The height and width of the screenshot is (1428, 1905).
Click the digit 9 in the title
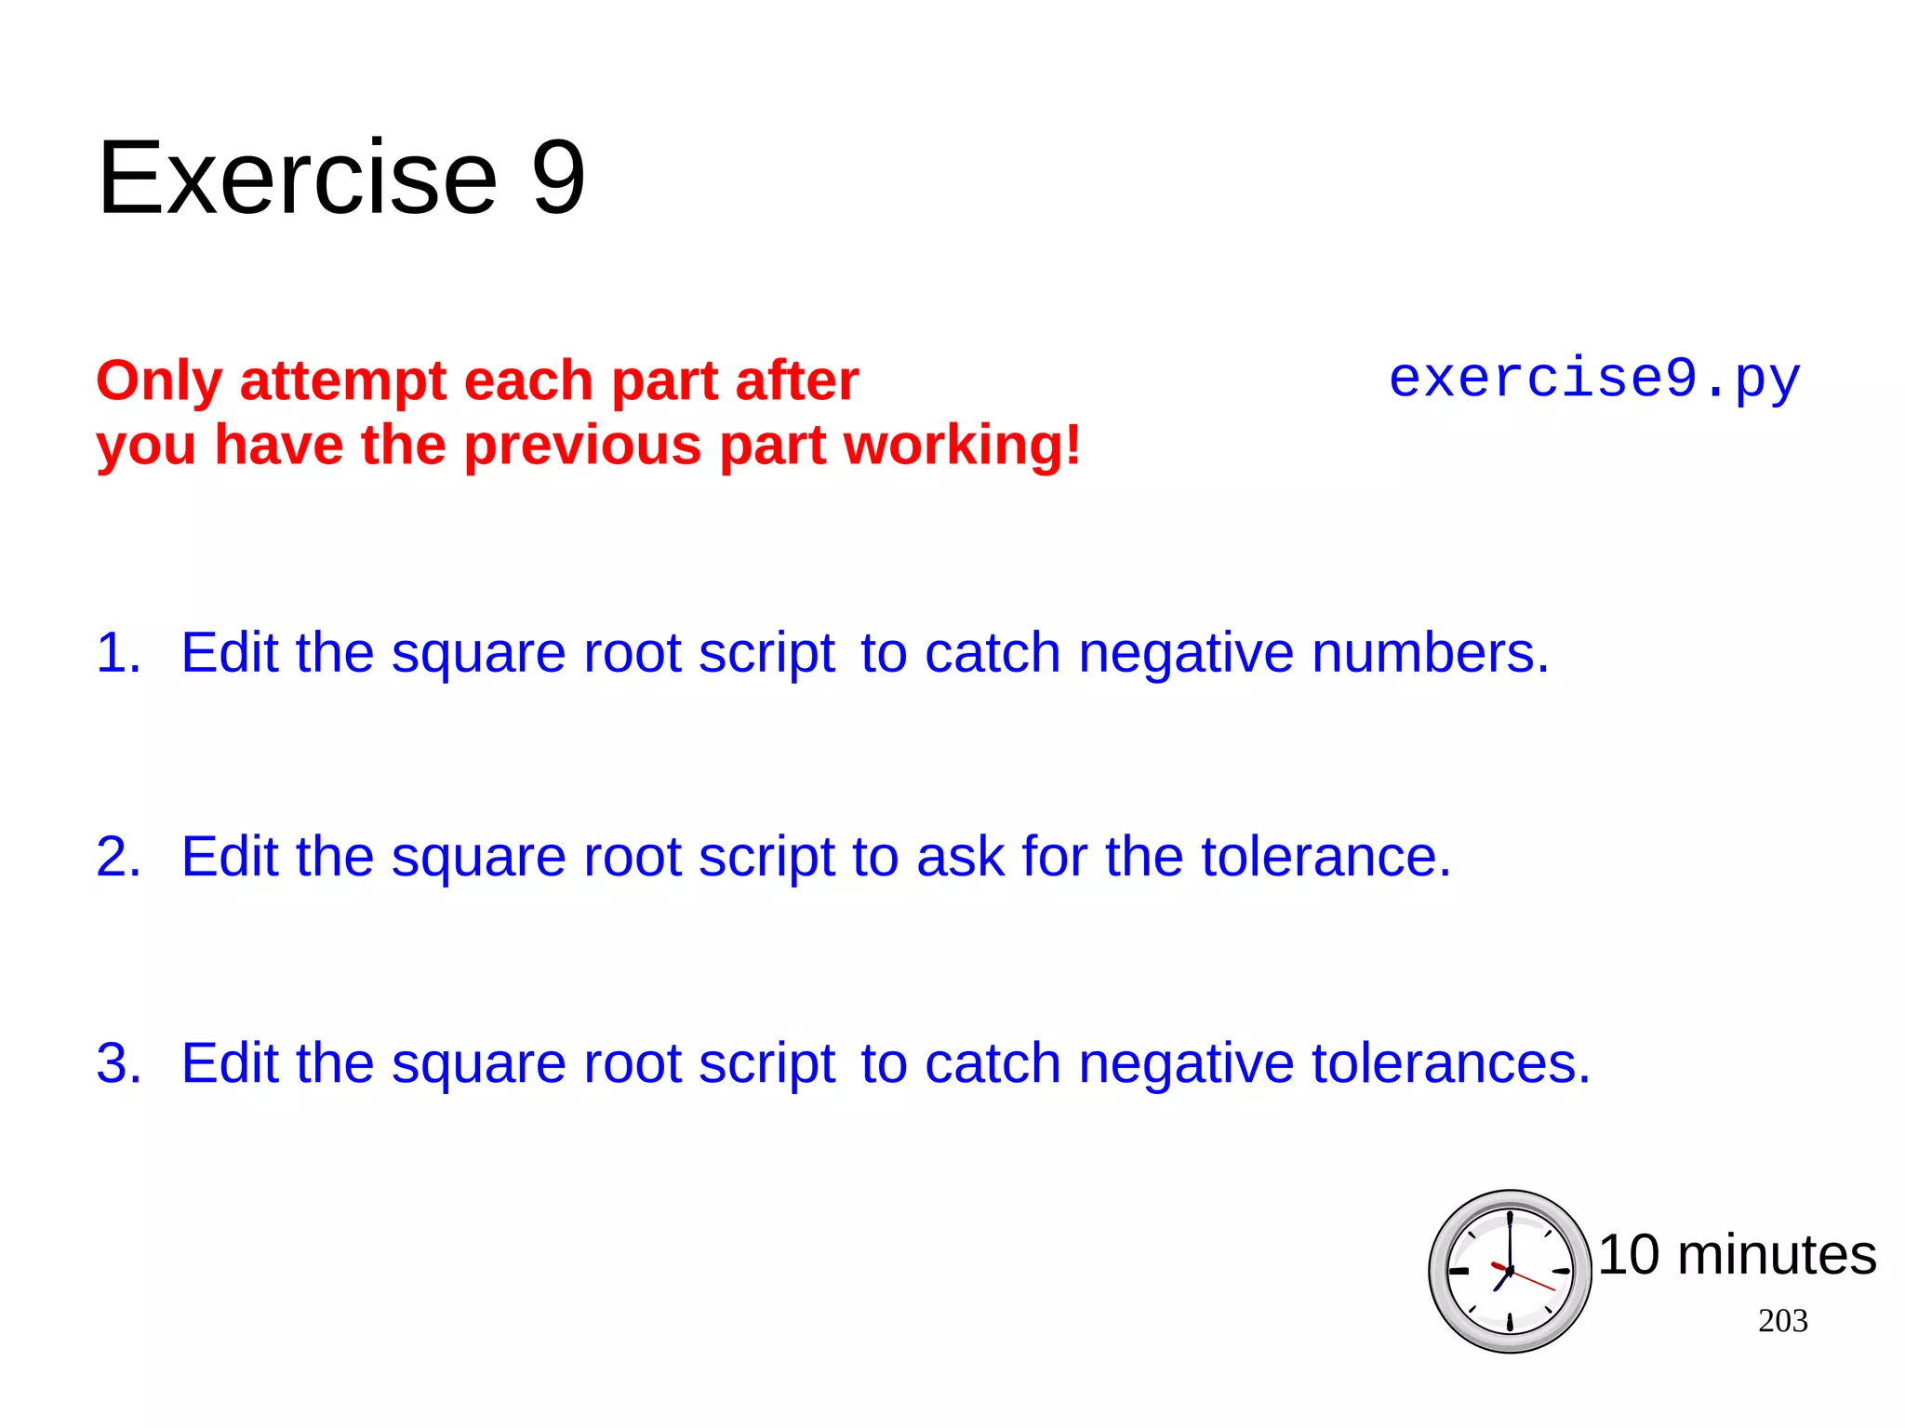[x=558, y=177]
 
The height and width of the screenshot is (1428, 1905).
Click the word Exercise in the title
[x=298, y=177]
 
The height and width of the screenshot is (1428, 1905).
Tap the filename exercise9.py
[x=1594, y=380]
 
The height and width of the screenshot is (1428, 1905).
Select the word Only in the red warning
[x=159, y=381]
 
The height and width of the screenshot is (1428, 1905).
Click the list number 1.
[x=118, y=652]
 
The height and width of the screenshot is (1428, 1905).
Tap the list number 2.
[x=118, y=856]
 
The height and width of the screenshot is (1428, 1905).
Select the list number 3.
[x=118, y=1062]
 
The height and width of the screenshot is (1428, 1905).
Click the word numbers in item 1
[x=1430, y=652]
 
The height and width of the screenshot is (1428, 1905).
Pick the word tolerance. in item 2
[x=1326, y=856]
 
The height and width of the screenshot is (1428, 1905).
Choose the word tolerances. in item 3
[x=1451, y=1062]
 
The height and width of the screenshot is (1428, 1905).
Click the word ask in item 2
[x=961, y=856]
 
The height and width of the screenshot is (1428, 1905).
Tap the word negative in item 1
[x=1186, y=652]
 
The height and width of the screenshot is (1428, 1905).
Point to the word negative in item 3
[x=1186, y=1062]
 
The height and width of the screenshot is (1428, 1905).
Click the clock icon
[x=1510, y=1271]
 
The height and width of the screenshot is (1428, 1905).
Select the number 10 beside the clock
[x=1629, y=1254]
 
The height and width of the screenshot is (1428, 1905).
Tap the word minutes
[x=1777, y=1254]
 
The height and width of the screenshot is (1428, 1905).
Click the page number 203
[x=1782, y=1320]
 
